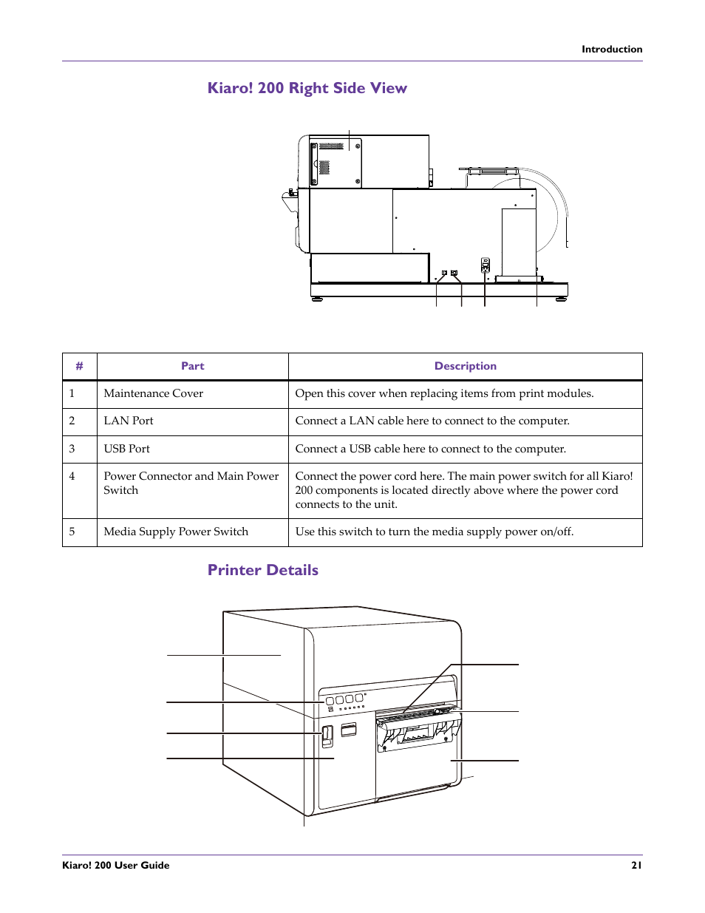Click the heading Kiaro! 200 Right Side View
[x=307, y=88]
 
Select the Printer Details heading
[x=262, y=570]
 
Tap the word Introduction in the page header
[x=611, y=50]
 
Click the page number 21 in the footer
[x=636, y=865]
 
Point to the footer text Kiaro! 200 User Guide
[x=116, y=865]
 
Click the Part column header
[x=192, y=366]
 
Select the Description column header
[x=465, y=366]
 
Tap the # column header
[x=79, y=366]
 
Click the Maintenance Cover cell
[x=154, y=393]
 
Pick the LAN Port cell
[x=129, y=421]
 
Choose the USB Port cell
[x=126, y=449]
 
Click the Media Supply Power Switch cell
[x=176, y=532]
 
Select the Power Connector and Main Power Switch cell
[x=191, y=483]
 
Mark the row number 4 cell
[x=72, y=476]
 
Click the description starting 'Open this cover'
[x=444, y=393]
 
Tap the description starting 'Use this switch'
[x=434, y=532]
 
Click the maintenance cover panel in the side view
[x=336, y=163]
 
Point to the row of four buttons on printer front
[x=344, y=699]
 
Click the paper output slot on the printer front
[x=416, y=714]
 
